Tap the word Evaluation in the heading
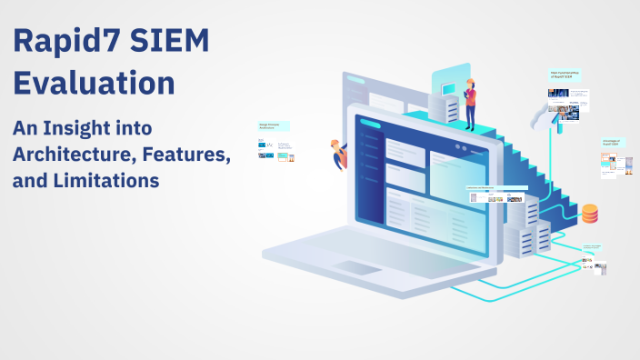click(94, 83)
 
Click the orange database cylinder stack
click(590, 214)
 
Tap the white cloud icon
click(555, 117)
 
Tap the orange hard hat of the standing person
click(470, 82)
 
